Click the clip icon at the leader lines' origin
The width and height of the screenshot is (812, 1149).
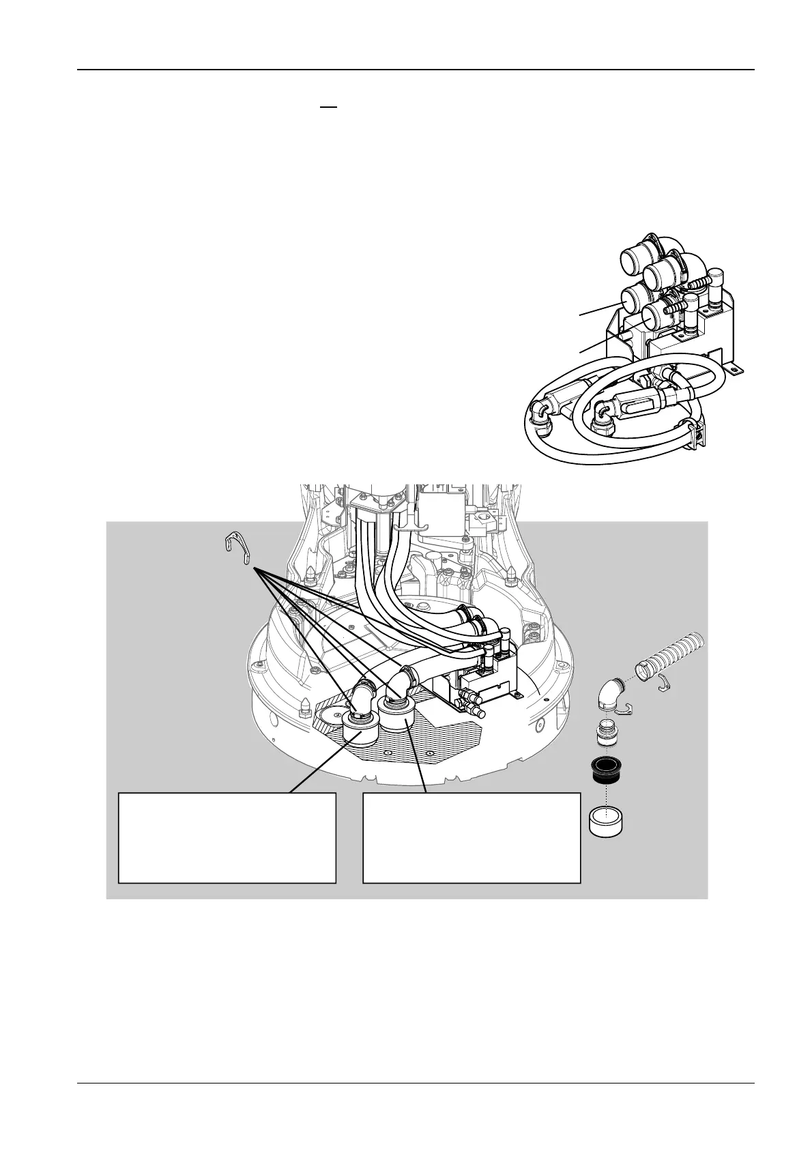coord(235,550)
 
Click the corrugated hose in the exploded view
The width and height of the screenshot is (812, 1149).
coord(673,656)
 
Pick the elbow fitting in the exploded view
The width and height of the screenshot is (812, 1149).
coord(611,696)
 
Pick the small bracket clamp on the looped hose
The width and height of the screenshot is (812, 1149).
coord(695,433)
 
